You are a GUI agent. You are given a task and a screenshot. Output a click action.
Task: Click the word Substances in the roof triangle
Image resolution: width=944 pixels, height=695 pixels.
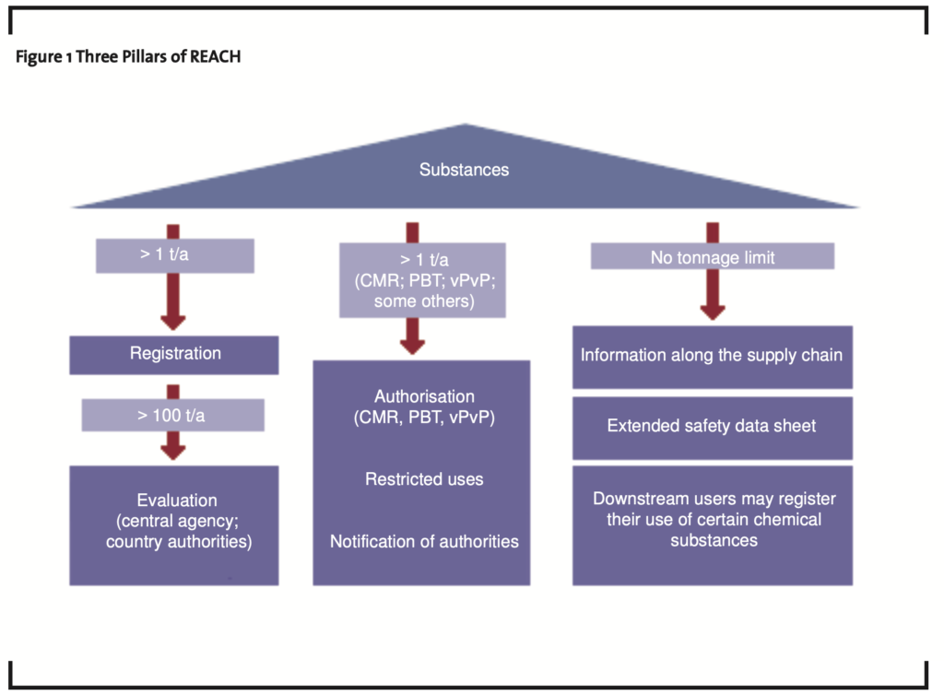point(465,170)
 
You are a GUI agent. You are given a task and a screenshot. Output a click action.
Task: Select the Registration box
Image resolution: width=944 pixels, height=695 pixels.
point(174,355)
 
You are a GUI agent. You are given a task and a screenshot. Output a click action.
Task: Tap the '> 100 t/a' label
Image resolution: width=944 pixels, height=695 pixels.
point(172,415)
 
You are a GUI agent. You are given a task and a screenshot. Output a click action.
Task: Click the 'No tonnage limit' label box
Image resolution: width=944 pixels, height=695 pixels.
point(713,256)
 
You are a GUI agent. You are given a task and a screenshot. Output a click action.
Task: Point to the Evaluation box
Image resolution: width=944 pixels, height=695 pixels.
point(174,525)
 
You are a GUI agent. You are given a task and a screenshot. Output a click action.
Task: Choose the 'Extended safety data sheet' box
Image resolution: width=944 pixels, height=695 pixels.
point(713,428)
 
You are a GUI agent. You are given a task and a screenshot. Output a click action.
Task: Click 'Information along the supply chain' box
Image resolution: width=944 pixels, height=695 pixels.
point(713,357)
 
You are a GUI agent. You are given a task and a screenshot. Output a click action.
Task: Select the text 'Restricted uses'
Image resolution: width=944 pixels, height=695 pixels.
point(424,479)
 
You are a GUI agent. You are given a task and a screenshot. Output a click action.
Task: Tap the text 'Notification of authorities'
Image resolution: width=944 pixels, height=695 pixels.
point(424,542)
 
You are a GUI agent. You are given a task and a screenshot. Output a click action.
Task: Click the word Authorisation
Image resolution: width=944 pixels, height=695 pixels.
point(424,396)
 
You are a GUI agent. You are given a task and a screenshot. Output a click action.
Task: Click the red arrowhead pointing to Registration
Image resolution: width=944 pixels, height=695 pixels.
point(172,322)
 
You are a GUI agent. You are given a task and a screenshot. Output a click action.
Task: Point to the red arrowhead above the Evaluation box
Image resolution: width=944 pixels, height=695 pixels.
point(172,453)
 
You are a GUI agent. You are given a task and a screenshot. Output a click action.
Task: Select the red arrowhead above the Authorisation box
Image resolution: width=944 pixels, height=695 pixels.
point(412,346)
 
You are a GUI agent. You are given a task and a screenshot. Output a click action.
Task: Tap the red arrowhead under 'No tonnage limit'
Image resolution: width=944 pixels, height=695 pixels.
point(713,312)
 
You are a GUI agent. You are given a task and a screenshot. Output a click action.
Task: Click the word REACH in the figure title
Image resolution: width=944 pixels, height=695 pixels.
point(215,56)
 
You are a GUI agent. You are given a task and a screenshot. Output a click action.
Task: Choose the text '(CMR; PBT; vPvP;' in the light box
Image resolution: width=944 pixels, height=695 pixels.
point(424,280)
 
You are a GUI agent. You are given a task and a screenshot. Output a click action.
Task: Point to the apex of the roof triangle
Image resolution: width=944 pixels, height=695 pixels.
point(465,124)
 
